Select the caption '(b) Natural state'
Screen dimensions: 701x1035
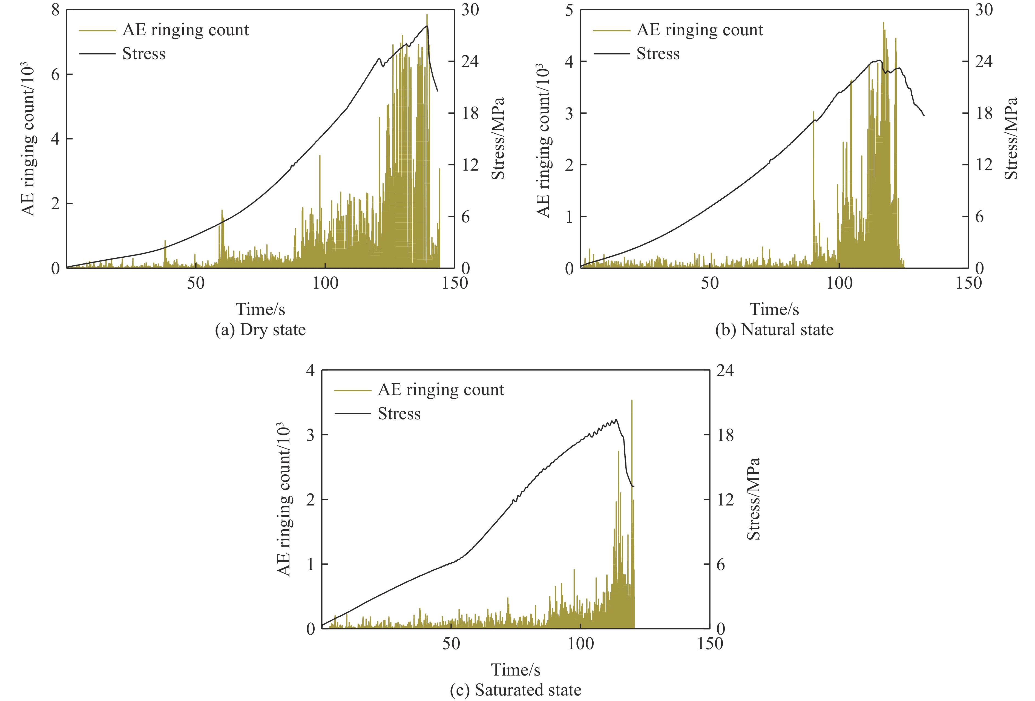click(774, 330)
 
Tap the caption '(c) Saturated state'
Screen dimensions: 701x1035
click(516, 690)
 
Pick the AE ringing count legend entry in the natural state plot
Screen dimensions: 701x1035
click(699, 30)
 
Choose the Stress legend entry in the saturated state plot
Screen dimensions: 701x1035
click(399, 414)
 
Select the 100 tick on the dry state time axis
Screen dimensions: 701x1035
click(325, 283)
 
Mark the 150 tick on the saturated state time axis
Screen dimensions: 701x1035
click(710, 643)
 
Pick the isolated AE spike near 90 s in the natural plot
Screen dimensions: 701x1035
click(813, 112)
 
